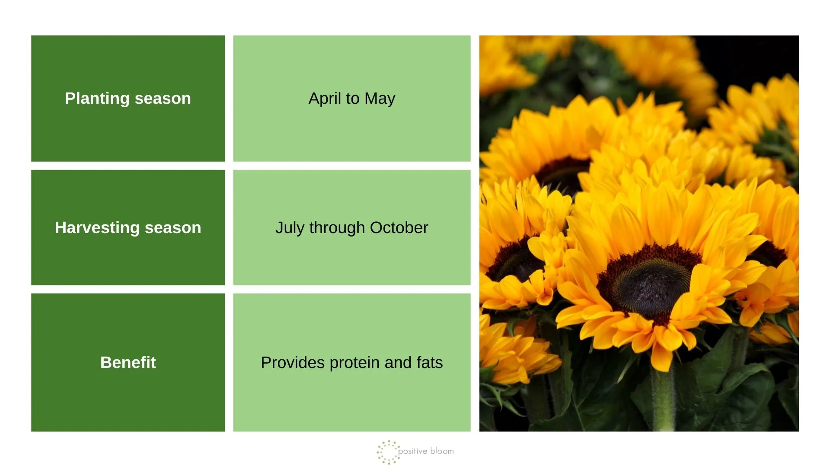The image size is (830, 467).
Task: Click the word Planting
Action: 97,99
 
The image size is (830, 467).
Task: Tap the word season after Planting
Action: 163,99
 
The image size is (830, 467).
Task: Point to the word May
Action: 380,99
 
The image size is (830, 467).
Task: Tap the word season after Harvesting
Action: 173,228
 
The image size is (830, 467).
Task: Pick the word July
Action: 290,228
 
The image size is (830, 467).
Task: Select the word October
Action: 399,228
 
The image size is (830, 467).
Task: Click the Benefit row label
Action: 128,362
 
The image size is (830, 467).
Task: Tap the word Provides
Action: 292,362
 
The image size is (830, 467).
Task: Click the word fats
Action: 430,362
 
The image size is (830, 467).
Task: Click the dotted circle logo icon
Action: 387,452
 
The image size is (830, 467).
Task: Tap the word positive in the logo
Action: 412,451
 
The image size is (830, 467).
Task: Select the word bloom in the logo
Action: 442,451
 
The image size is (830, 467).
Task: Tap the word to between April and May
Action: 352,99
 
